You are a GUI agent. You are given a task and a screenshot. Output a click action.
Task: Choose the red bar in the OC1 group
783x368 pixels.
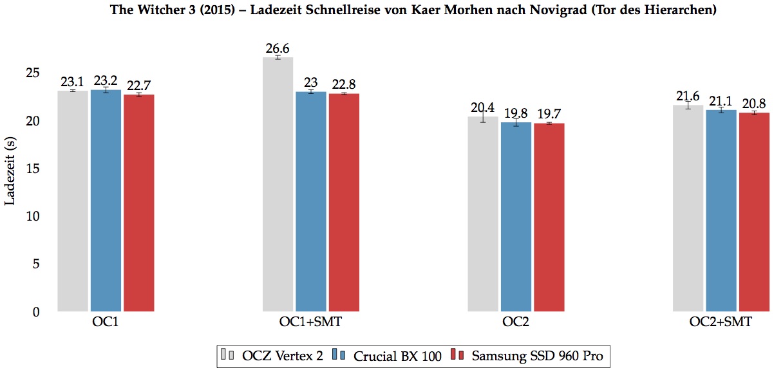coord(139,203)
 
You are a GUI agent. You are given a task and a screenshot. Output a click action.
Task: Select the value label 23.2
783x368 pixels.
coord(106,81)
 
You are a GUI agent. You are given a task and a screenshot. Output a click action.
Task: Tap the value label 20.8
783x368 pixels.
coord(754,104)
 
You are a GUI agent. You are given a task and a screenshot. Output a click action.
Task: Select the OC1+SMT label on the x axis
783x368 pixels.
coord(311,322)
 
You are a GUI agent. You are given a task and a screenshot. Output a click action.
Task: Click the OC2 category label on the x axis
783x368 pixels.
coord(516,322)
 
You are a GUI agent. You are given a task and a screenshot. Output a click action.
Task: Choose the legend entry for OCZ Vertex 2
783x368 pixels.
coord(272,355)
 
